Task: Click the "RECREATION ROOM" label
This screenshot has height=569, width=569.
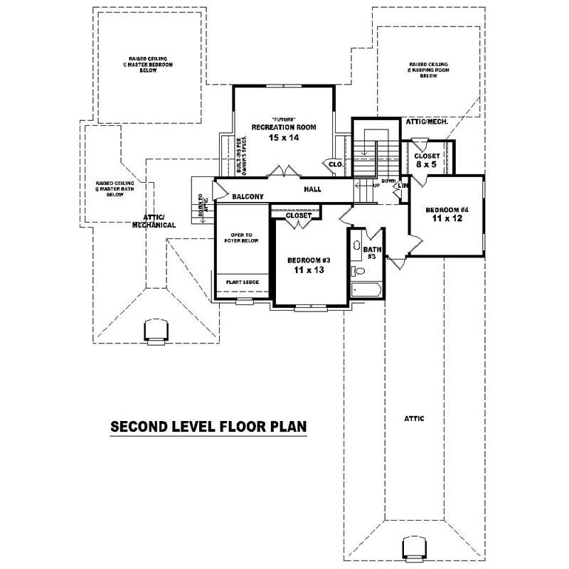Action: (283, 127)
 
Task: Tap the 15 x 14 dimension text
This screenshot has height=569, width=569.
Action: (283, 137)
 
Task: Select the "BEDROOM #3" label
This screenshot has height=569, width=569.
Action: (309, 260)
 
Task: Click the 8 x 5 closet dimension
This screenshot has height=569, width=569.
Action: (427, 165)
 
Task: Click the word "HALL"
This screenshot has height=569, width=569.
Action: (312, 189)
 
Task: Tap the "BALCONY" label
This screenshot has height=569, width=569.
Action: (248, 197)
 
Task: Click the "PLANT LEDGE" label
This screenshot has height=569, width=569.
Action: (242, 282)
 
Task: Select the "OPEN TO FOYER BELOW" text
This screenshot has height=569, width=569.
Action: (243, 237)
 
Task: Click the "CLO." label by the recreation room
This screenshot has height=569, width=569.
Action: (336, 164)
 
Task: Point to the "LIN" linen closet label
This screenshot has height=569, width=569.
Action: (403, 186)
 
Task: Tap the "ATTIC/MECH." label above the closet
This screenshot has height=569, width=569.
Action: (426, 122)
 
